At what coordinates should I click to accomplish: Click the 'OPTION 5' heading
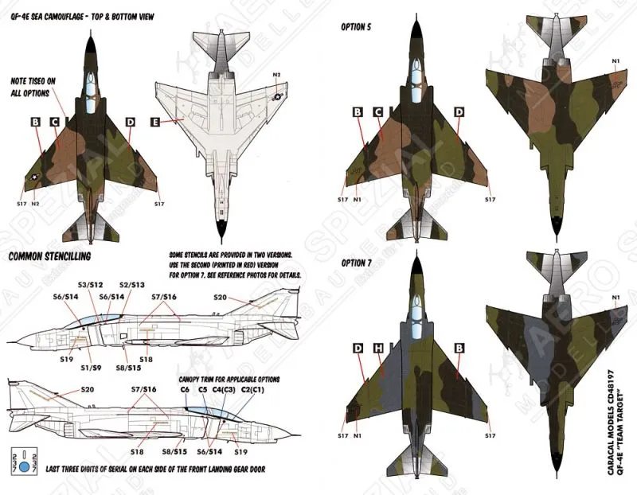358,26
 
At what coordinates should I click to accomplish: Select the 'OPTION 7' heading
358,263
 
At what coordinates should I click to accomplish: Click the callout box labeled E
154,123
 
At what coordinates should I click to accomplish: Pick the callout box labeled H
378,348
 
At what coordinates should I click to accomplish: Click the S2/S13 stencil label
131,284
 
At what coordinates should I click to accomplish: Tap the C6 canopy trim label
185,392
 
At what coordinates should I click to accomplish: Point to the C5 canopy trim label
203,392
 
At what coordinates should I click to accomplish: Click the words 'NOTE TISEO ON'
33,81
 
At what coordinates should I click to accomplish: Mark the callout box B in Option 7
459,348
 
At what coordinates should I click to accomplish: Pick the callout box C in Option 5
378,112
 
